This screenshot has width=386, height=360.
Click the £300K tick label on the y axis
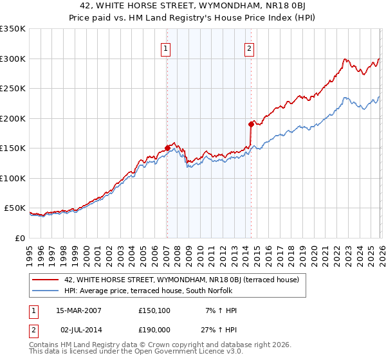[13, 59]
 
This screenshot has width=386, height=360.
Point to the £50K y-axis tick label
[15, 208]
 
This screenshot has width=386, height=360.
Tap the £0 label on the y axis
[21, 239]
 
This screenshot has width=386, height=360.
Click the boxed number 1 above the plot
[166, 48]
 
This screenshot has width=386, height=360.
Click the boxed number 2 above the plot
[249, 48]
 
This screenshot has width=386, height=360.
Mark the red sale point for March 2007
[167, 148]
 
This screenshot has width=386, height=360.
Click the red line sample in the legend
[46, 280]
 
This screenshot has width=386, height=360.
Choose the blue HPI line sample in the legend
[46, 291]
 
